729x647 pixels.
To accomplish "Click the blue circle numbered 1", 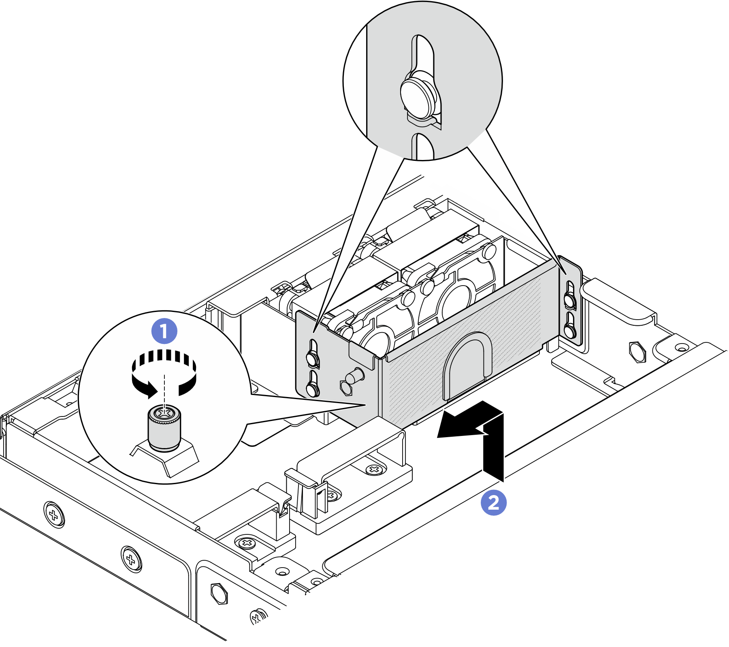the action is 164,331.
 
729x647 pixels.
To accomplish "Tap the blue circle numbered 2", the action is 493,503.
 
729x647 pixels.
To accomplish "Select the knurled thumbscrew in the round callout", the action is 164,428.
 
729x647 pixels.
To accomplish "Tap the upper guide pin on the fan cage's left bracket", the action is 312,357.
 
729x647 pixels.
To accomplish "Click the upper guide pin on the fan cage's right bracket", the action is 569,300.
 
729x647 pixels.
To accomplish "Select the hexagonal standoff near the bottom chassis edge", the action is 219,593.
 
